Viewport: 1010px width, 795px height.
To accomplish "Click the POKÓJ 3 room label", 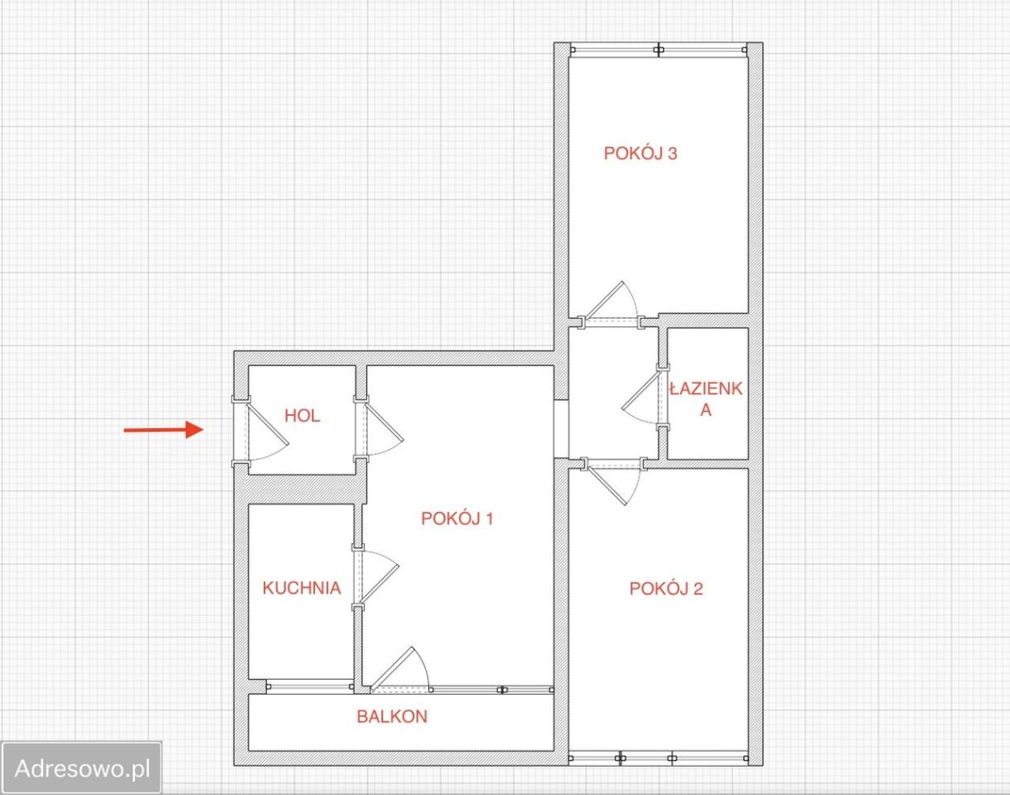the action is (x=640, y=153).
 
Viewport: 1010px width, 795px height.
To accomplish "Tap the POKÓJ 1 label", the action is (x=457, y=518).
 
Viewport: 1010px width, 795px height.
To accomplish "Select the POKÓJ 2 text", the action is (x=666, y=589).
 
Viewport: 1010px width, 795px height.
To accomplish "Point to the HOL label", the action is (x=302, y=416).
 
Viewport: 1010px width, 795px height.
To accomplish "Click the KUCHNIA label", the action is (x=302, y=588).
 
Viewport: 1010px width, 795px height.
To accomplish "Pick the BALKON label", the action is (x=392, y=716).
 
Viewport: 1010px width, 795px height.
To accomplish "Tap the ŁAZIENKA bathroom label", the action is (x=706, y=399).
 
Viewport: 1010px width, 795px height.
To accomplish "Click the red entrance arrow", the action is (x=163, y=429).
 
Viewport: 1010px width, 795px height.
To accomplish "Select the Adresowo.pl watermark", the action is (x=83, y=768).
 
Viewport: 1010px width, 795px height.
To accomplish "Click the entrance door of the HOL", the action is (x=260, y=431).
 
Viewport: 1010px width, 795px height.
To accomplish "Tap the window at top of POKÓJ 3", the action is (x=659, y=50).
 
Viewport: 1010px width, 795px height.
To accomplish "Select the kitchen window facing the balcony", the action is (x=310, y=687).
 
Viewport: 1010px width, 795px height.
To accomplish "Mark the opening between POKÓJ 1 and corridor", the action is (x=562, y=429).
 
